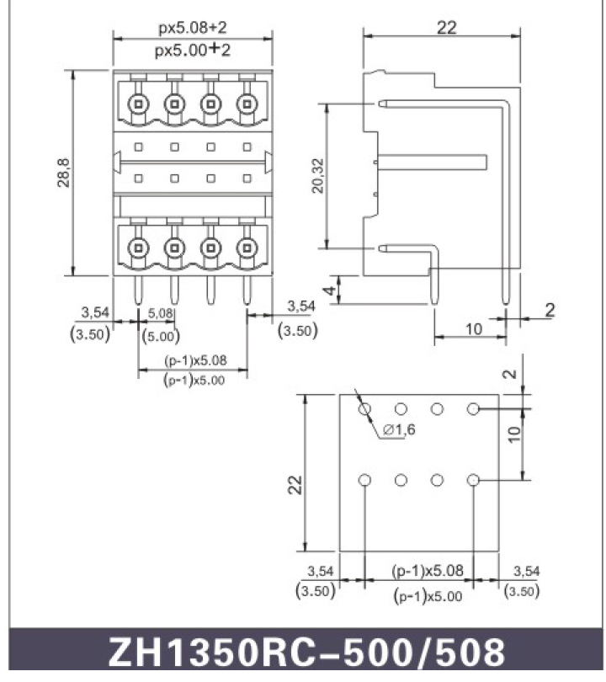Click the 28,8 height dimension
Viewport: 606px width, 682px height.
point(63,172)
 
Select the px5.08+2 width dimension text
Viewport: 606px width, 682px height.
point(193,28)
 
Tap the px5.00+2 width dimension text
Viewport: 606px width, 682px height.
point(193,50)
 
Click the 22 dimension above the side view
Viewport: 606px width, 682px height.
point(446,27)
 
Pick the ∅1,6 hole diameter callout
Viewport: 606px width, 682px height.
point(397,430)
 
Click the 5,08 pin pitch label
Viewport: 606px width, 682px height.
point(161,313)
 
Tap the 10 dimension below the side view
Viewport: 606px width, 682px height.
point(473,328)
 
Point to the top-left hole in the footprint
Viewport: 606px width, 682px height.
point(364,409)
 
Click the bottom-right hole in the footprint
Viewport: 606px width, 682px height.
point(473,480)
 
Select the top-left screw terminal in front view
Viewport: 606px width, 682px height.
point(137,104)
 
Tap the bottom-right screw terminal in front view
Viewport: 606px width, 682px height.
point(247,247)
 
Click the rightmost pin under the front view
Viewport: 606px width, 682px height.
point(247,290)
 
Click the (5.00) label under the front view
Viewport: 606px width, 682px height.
point(161,335)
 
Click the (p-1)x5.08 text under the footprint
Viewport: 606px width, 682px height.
point(427,570)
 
